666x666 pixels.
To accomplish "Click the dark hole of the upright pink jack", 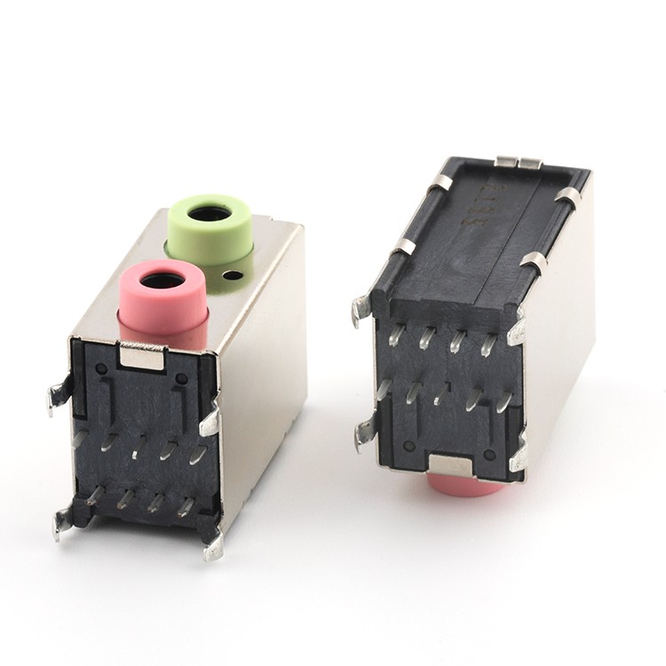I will pos(163,281).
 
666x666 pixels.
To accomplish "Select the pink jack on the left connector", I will pos(163,306).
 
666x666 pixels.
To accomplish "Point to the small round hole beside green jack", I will pos(233,274).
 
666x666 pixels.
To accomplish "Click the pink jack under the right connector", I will pos(465,485).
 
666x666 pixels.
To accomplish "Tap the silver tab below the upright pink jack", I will pos(142,355).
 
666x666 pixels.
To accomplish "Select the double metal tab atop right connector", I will pos(519,163).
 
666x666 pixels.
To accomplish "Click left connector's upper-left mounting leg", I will pos(59,394).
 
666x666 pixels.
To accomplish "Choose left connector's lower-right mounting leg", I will pos(214,545).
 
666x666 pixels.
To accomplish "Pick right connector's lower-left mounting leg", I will pos(364,435).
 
